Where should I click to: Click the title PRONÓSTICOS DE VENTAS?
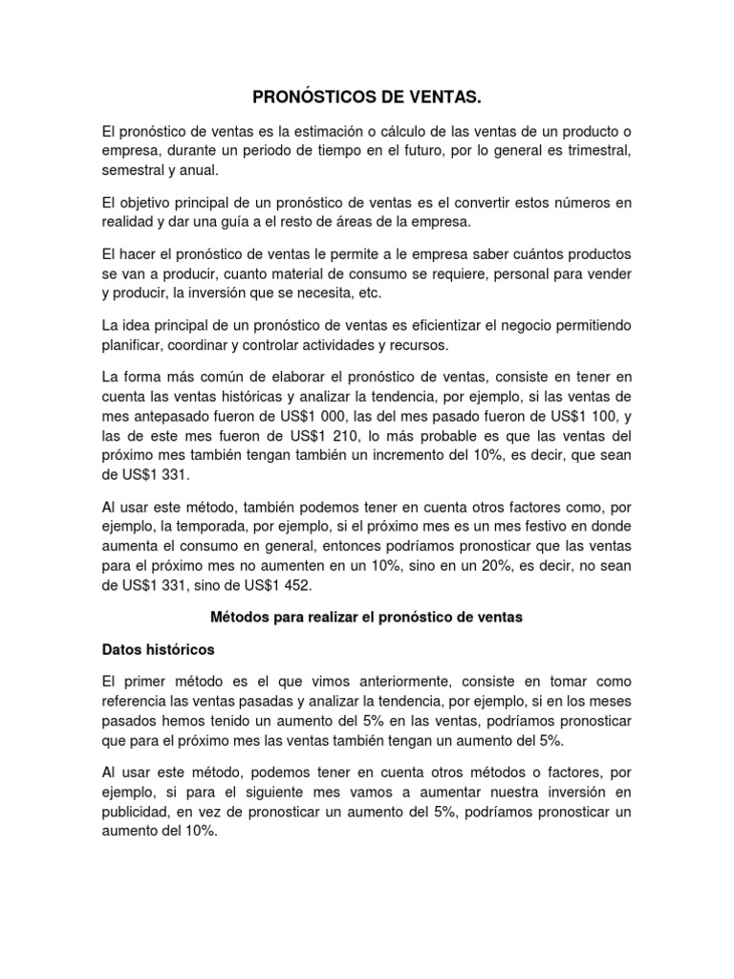367,98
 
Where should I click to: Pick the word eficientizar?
460,326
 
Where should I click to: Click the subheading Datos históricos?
158,649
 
